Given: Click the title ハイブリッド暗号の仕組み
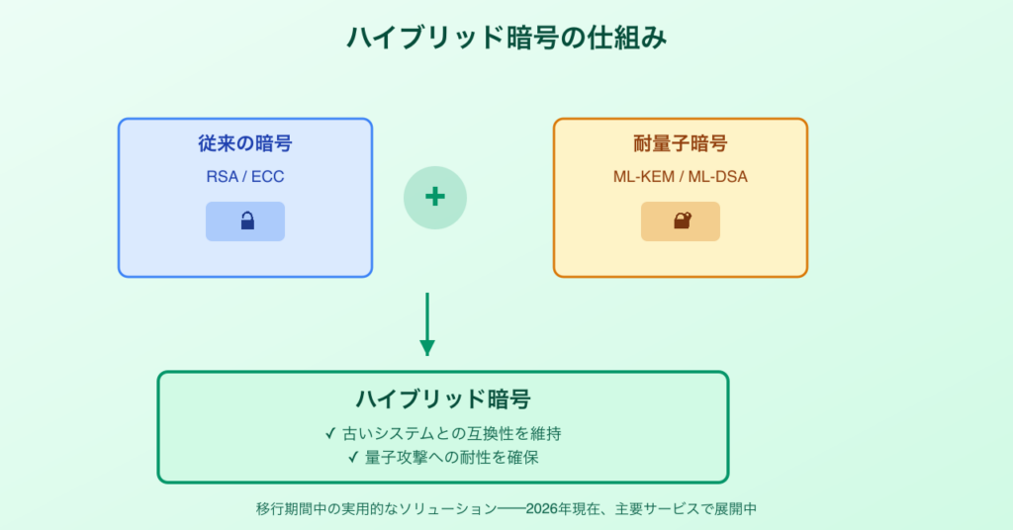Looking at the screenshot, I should (x=506, y=38).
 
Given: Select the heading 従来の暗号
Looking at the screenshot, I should (x=245, y=143).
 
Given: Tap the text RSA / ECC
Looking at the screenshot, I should (x=245, y=178).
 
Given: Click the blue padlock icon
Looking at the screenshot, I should (x=246, y=221).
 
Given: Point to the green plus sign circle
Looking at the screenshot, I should (x=434, y=198).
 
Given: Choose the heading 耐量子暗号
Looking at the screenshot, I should (x=681, y=143).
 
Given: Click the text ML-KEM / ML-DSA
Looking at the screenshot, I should (x=681, y=178).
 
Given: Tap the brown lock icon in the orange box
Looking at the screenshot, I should (x=682, y=221).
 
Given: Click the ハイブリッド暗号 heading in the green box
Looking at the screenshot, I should (x=443, y=399).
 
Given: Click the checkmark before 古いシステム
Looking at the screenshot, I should (x=329, y=434).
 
